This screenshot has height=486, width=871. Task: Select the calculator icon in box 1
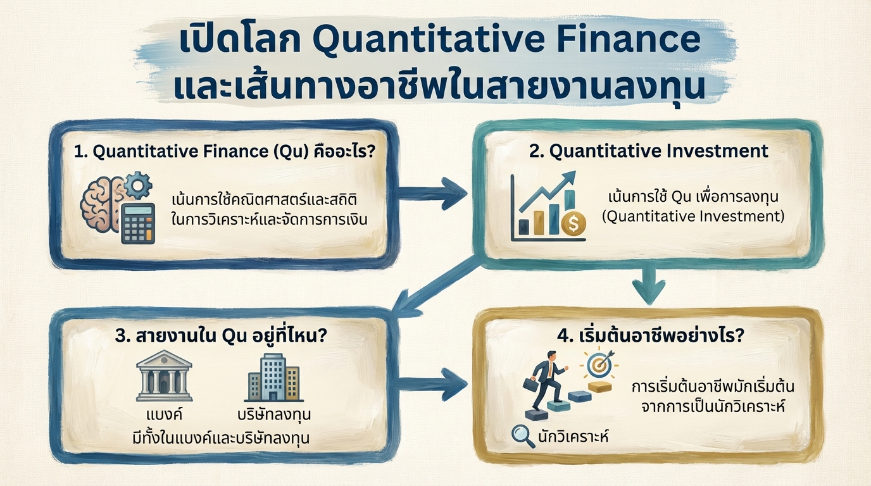click(x=138, y=223)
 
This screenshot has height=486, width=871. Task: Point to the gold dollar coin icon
click(x=572, y=224)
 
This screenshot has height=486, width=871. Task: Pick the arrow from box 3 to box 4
click(x=434, y=382)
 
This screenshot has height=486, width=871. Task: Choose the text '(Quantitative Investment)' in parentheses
click(x=692, y=217)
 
